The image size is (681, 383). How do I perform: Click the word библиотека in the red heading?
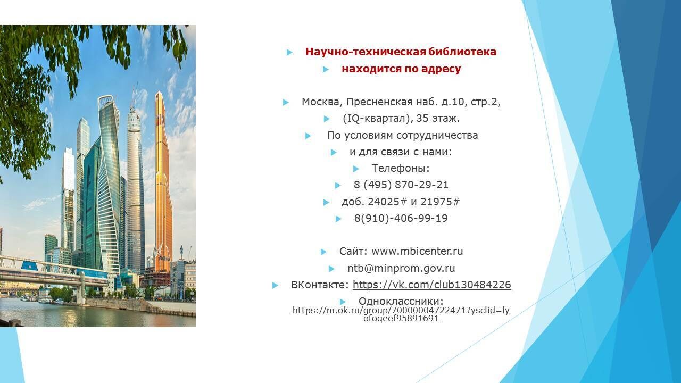(x=462, y=52)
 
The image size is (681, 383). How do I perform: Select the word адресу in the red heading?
(x=441, y=69)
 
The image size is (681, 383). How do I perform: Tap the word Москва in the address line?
(x=320, y=102)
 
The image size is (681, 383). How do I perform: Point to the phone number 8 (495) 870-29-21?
(x=401, y=185)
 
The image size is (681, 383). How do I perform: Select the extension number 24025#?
(x=387, y=202)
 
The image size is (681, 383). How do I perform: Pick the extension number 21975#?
(x=440, y=202)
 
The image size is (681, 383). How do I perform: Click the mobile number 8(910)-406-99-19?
(x=401, y=218)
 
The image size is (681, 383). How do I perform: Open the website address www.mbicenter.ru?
(x=417, y=252)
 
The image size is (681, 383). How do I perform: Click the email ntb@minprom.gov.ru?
(x=401, y=269)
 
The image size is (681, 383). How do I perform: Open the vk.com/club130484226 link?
(x=431, y=285)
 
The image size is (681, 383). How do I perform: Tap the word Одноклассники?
(x=401, y=301)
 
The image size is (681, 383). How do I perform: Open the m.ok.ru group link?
(x=401, y=314)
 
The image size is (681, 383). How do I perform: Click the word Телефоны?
(x=401, y=169)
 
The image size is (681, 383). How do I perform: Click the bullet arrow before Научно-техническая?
(x=289, y=53)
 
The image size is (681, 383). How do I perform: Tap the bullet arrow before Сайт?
(x=323, y=252)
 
